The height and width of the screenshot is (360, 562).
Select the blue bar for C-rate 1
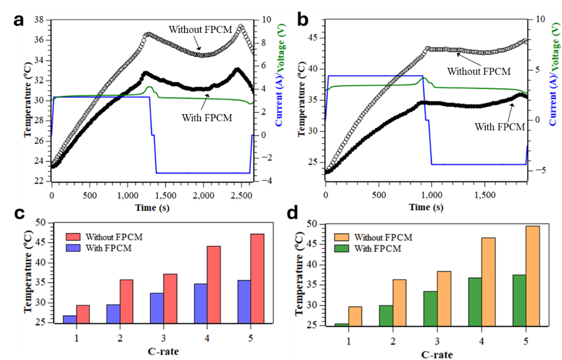pos(70,319)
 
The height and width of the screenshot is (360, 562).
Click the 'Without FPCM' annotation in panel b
pos(479,71)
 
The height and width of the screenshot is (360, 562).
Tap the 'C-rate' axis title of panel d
pos(437,355)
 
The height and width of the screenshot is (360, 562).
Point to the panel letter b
pos(303,20)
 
